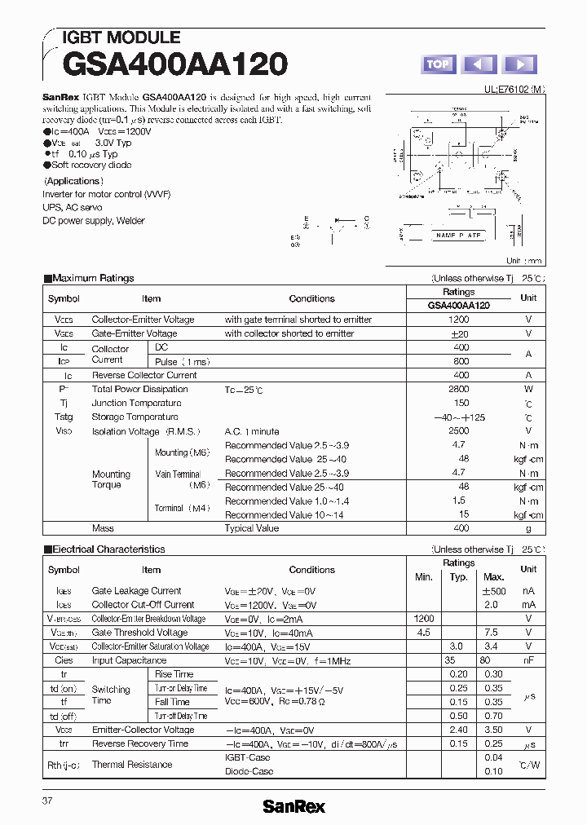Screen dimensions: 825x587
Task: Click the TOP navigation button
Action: pos(438,64)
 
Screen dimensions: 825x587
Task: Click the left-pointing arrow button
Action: pos(479,64)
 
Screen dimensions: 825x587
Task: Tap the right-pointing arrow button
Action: pos(519,64)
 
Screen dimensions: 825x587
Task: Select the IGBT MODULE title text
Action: pos(121,37)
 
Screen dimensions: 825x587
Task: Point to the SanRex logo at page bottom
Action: pos(293,806)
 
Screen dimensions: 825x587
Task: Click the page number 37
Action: pos(47,801)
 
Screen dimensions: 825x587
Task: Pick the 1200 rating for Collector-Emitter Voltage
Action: pos(458,320)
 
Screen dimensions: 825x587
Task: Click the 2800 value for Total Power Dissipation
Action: pos(458,389)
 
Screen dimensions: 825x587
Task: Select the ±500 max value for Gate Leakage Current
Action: pos(494,591)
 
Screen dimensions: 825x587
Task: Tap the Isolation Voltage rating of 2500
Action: pos(458,430)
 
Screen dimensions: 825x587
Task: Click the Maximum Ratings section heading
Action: pos(93,278)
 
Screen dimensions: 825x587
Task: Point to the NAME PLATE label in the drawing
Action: pos(458,236)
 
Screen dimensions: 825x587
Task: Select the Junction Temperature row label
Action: pos(136,403)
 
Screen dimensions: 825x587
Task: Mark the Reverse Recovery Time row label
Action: pos(139,743)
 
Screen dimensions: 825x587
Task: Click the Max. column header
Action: pos(494,577)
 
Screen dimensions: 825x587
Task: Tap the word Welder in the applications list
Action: pos(130,220)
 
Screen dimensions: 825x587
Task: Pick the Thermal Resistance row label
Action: pos(132,765)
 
